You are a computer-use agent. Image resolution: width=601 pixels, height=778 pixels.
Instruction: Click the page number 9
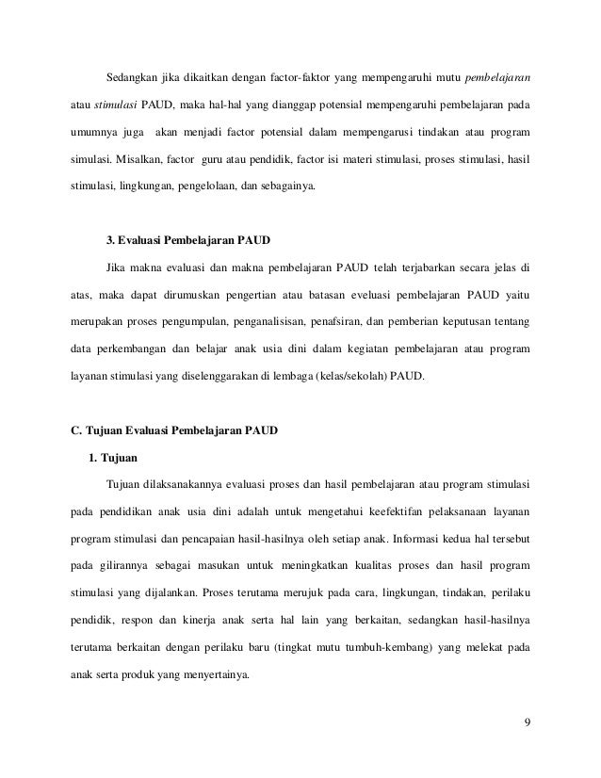[527, 723]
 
